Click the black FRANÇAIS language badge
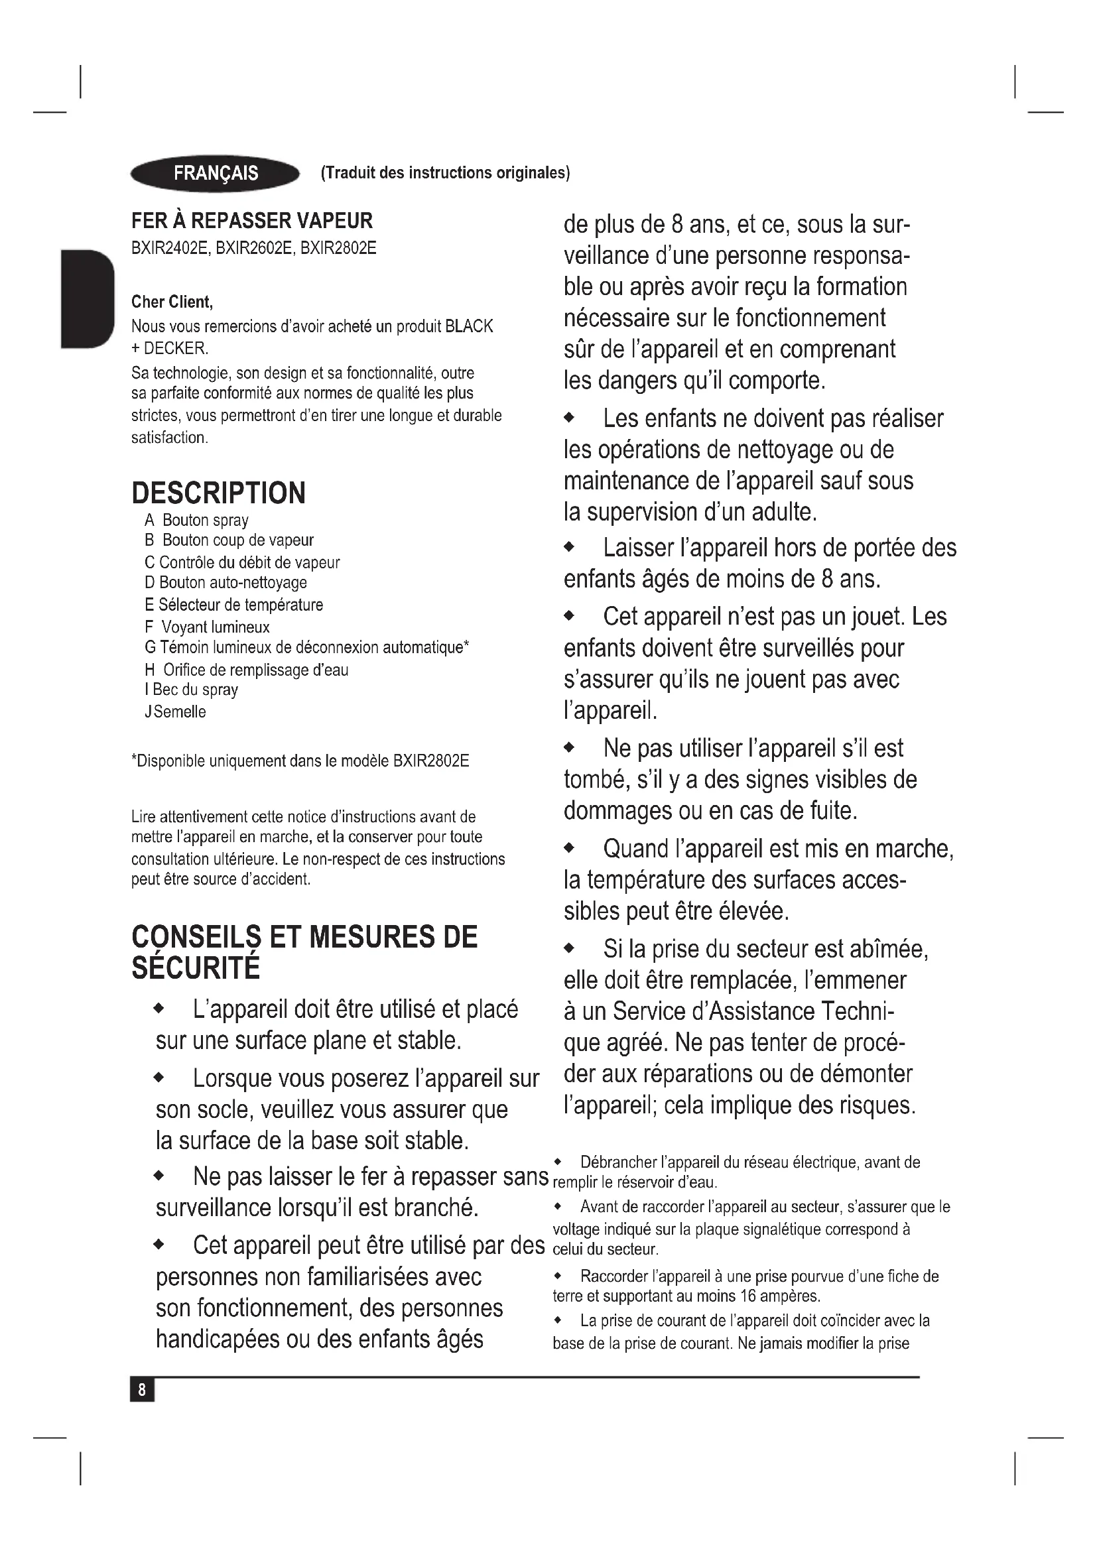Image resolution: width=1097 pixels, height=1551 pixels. click(215, 174)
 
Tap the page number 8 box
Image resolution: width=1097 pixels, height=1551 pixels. click(142, 1390)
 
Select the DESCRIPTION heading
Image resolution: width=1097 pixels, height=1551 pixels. click(218, 493)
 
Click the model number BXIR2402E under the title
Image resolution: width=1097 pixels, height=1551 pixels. click(171, 248)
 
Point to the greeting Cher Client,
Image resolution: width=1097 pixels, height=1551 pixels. click(172, 301)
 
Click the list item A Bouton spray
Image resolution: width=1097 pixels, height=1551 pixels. click(196, 520)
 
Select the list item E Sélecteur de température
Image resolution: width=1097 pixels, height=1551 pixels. click(233, 605)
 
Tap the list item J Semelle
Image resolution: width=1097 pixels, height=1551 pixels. click(176, 712)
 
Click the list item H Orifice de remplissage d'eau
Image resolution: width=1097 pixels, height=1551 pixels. click(247, 670)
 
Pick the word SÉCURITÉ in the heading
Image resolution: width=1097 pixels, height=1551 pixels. click(196, 969)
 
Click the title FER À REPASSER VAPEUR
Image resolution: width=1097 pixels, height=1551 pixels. click(252, 221)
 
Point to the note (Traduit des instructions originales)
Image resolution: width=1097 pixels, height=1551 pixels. click(445, 173)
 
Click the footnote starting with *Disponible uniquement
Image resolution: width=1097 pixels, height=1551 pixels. click(300, 761)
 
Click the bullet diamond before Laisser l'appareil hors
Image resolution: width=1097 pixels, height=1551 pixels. click(569, 548)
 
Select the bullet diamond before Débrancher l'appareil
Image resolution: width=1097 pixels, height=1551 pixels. click(558, 1162)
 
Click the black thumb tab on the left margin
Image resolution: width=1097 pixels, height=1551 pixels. click(87, 298)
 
